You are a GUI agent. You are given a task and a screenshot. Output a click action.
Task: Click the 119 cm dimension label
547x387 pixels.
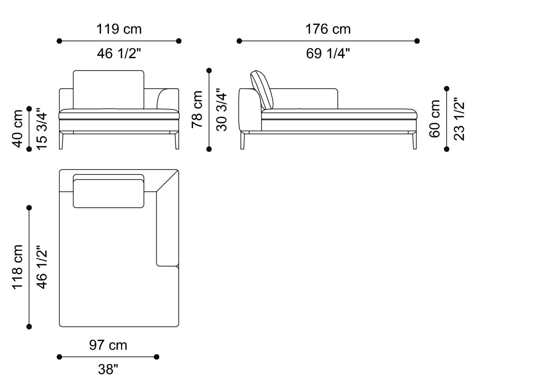(119, 29)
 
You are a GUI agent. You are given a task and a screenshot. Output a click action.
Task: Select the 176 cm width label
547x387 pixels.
(328, 29)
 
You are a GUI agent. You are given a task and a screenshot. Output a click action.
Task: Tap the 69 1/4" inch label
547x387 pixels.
(328, 54)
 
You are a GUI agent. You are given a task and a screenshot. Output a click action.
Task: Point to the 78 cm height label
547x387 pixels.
(197, 109)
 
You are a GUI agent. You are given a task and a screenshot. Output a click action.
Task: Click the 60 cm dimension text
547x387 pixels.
(435, 119)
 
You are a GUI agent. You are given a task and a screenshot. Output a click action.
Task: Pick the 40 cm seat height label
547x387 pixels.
(18, 128)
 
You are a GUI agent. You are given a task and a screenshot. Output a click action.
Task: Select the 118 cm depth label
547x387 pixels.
(18, 267)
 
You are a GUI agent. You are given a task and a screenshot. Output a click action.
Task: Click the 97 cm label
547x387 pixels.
(108, 345)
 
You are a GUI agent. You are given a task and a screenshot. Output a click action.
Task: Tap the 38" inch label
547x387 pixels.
(108, 369)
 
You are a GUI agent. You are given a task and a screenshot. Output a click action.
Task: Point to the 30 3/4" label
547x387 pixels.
(222, 109)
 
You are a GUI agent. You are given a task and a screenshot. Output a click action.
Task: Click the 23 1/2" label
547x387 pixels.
(459, 119)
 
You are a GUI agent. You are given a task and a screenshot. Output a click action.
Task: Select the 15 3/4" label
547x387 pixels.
(42, 128)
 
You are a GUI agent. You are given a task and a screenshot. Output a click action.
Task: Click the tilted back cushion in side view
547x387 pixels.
(261, 90)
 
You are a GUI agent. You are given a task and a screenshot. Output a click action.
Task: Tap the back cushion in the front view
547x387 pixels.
(108, 89)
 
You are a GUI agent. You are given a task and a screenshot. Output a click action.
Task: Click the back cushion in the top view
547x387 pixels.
(108, 193)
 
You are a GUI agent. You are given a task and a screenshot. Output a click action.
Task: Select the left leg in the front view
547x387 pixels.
(61, 141)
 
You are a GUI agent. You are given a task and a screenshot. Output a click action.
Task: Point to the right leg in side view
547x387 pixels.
(414, 141)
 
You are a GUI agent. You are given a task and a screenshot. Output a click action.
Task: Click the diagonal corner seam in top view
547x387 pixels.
(167, 181)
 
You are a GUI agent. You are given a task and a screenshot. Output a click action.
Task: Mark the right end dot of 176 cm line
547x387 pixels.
(417, 41)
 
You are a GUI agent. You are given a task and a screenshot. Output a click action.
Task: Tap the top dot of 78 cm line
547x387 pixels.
(209, 71)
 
